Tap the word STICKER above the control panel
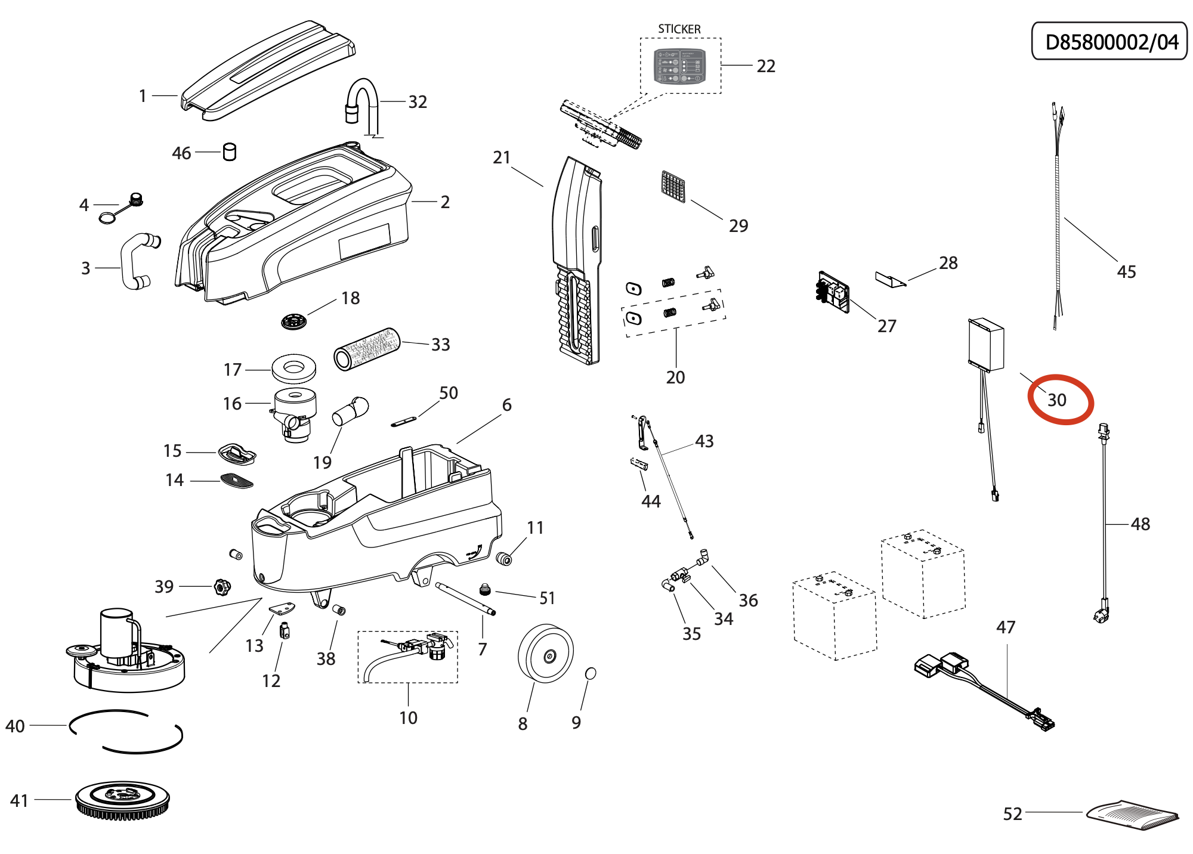coord(679,29)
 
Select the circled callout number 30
coord(1057,400)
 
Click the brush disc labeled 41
coord(123,799)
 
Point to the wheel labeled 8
coord(545,654)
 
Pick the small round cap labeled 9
coord(591,673)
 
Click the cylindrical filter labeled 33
coord(366,349)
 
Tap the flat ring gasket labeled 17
coord(293,369)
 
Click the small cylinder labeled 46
coord(229,152)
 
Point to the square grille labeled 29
coord(673,186)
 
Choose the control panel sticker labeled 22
coord(680,66)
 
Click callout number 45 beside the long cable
coord(1126,272)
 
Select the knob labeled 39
coord(222,587)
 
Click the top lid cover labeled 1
coord(268,69)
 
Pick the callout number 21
coord(502,157)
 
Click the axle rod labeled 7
coord(465,598)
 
